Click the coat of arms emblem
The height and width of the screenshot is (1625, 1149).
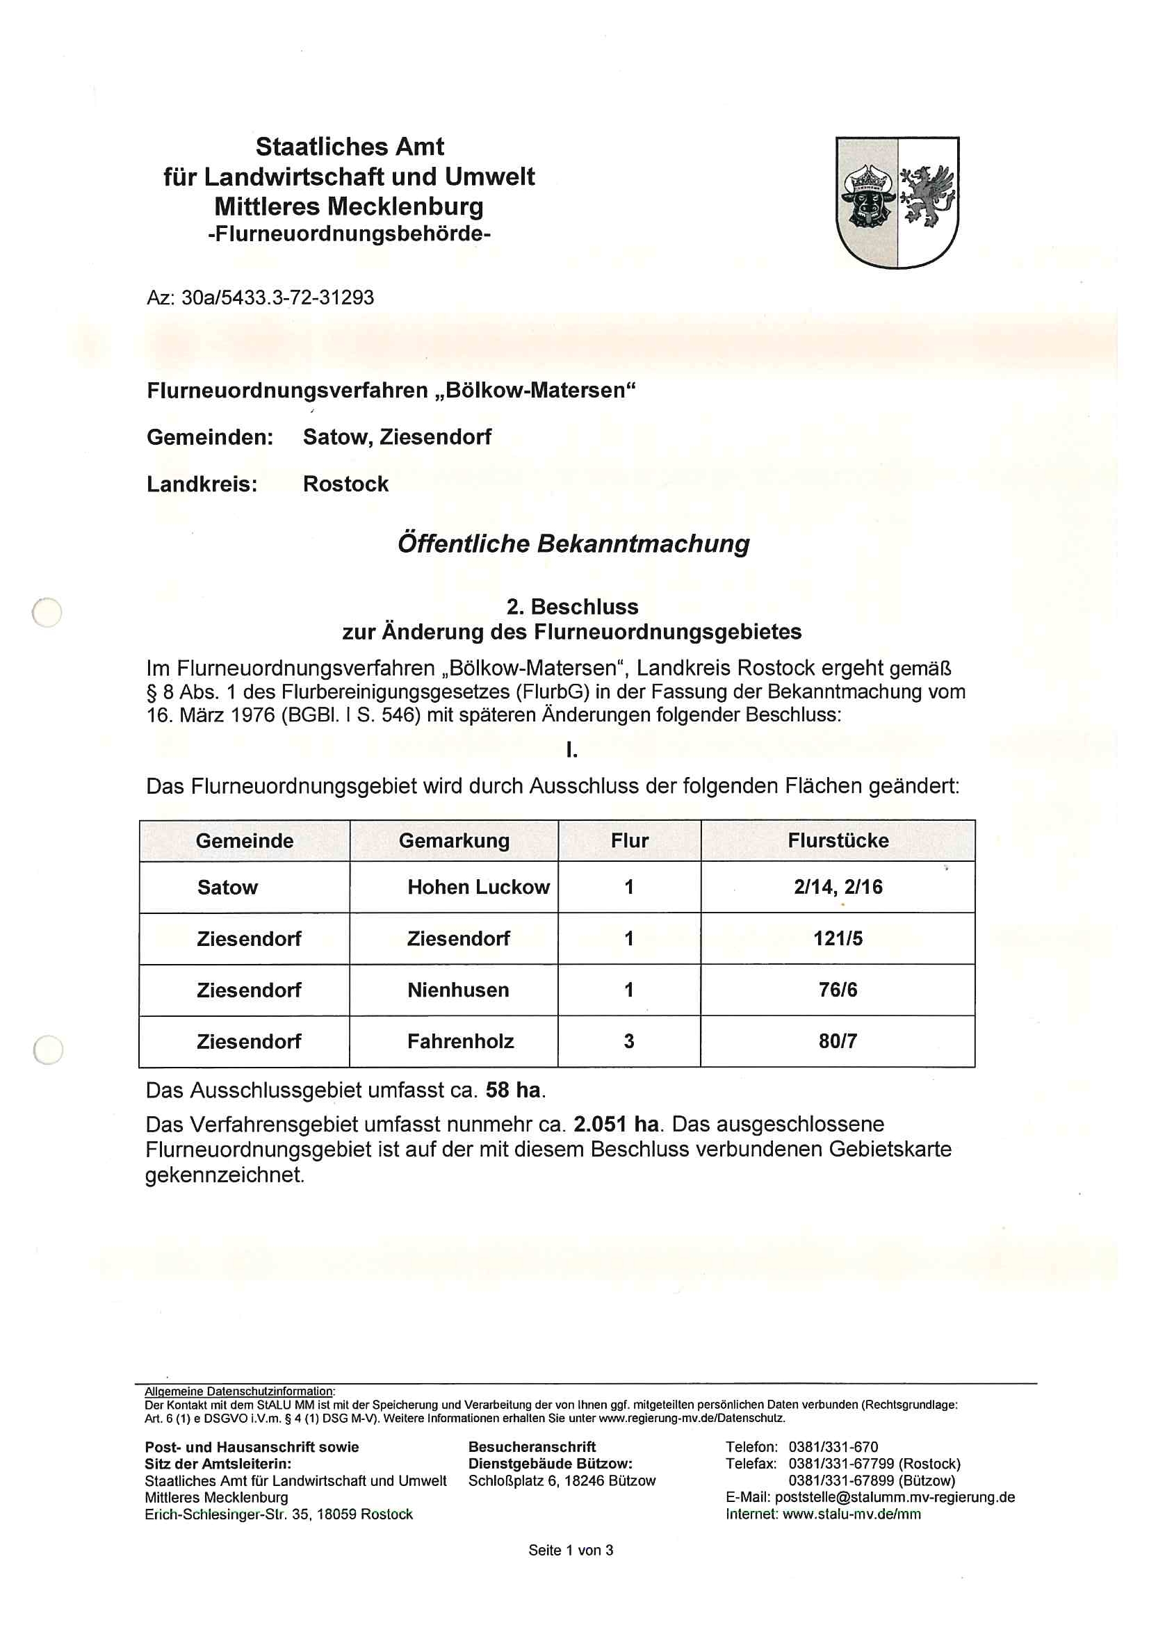coord(897,202)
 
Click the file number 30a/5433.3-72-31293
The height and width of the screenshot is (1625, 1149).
coord(277,297)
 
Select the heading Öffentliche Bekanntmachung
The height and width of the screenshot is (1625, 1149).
coord(573,543)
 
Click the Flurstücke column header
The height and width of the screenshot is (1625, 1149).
coord(838,841)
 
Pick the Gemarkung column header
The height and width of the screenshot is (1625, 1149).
coord(454,841)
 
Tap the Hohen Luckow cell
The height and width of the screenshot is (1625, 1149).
coord(478,887)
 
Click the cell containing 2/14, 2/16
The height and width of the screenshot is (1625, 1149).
coord(838,887)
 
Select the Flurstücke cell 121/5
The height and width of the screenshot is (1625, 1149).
coord(838,938)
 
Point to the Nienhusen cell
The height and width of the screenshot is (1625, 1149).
coord(458,990)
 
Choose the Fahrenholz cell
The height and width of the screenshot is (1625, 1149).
coord(460,1041)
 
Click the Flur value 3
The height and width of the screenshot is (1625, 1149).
coord(628,1041)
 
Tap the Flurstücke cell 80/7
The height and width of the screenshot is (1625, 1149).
coord(838,1041)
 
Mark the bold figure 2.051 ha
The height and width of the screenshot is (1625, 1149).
coord(616,1125)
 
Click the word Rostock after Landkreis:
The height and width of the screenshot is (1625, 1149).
coord(345,484)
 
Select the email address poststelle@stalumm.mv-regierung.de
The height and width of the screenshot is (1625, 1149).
coord(895,1497)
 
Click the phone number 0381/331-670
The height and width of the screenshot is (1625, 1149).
coord(833,1446)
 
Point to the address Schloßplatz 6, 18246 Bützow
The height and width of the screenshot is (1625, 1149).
coord(562,1480)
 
